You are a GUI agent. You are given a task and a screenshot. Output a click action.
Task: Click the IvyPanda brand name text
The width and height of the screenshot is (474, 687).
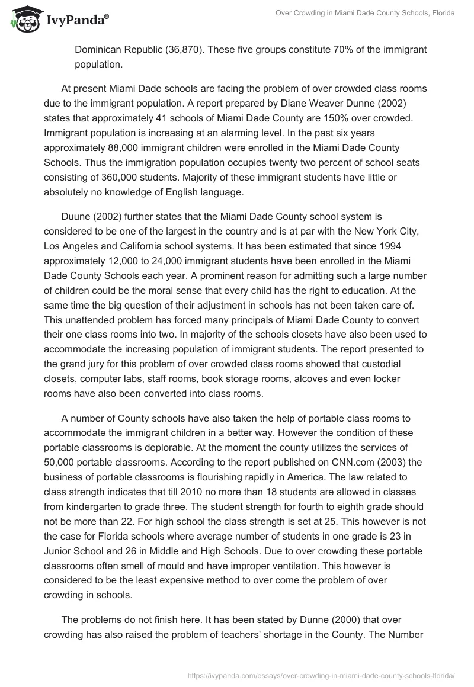pos(76,21)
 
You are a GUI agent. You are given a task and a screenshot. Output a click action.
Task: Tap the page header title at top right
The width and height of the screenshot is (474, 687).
pos(365,13)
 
